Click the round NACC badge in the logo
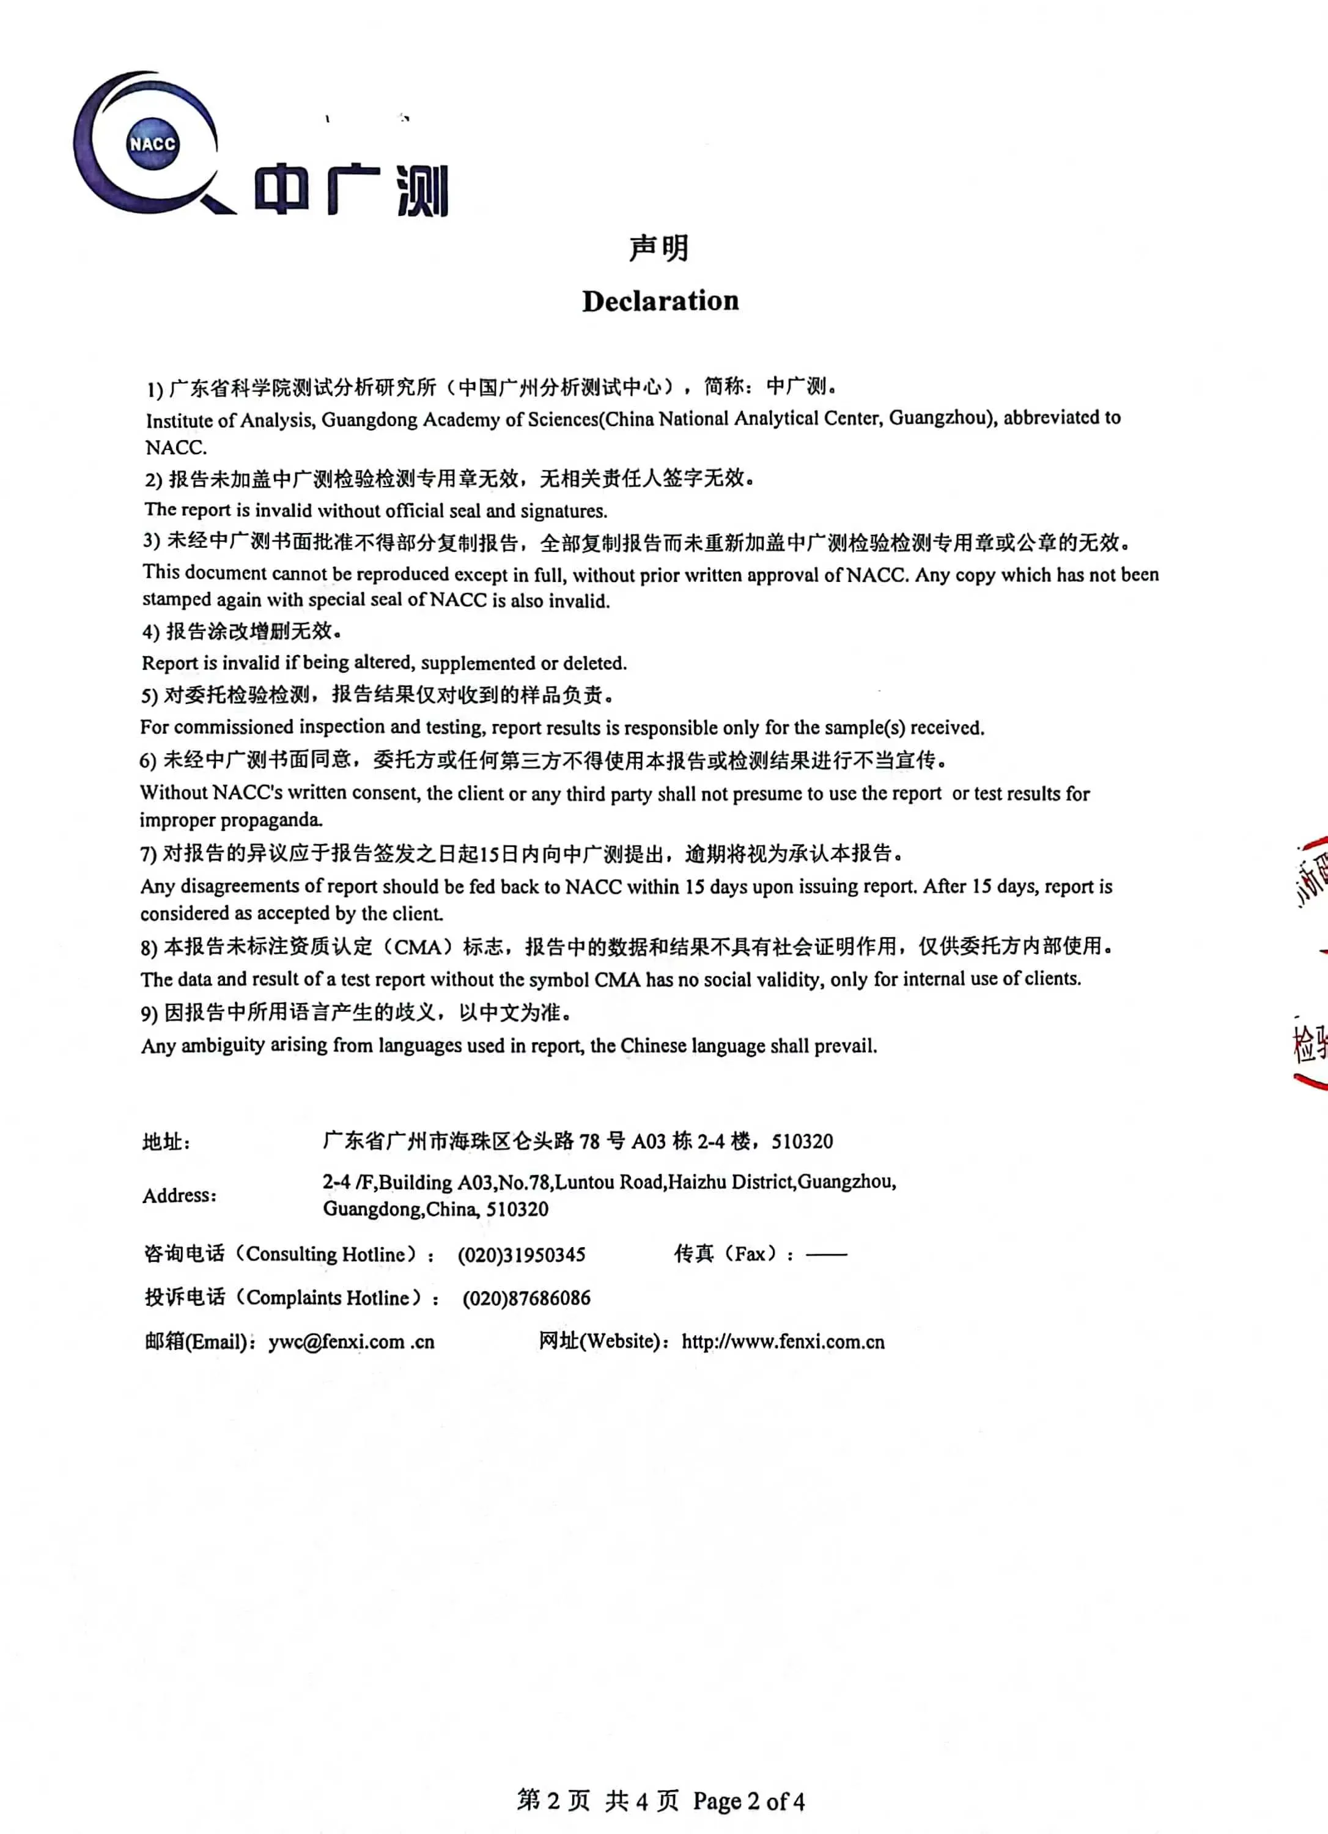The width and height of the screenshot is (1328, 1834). coord(152,144)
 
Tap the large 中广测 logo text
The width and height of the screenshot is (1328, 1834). coord(352,190)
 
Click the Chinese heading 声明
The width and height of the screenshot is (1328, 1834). coord(659,248)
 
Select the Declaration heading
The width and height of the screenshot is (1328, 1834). coord(660,301)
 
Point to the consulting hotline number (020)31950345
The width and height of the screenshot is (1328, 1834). coord(522,1255)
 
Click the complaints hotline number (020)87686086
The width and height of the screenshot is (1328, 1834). coord(526,1298)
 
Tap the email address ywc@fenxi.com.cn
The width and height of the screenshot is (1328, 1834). coord(351,1341)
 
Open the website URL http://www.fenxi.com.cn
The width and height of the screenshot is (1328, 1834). coord(783,1341)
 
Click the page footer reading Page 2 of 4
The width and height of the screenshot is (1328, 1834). coord(748,1801)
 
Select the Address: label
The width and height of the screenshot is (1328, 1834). coord(180,1195)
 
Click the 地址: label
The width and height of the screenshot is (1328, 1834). coord(166,1142)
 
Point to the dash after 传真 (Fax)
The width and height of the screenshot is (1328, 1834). coord(827,1254)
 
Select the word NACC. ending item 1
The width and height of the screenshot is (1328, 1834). coord(175,447)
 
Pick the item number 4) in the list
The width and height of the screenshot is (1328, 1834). coord(150,632)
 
